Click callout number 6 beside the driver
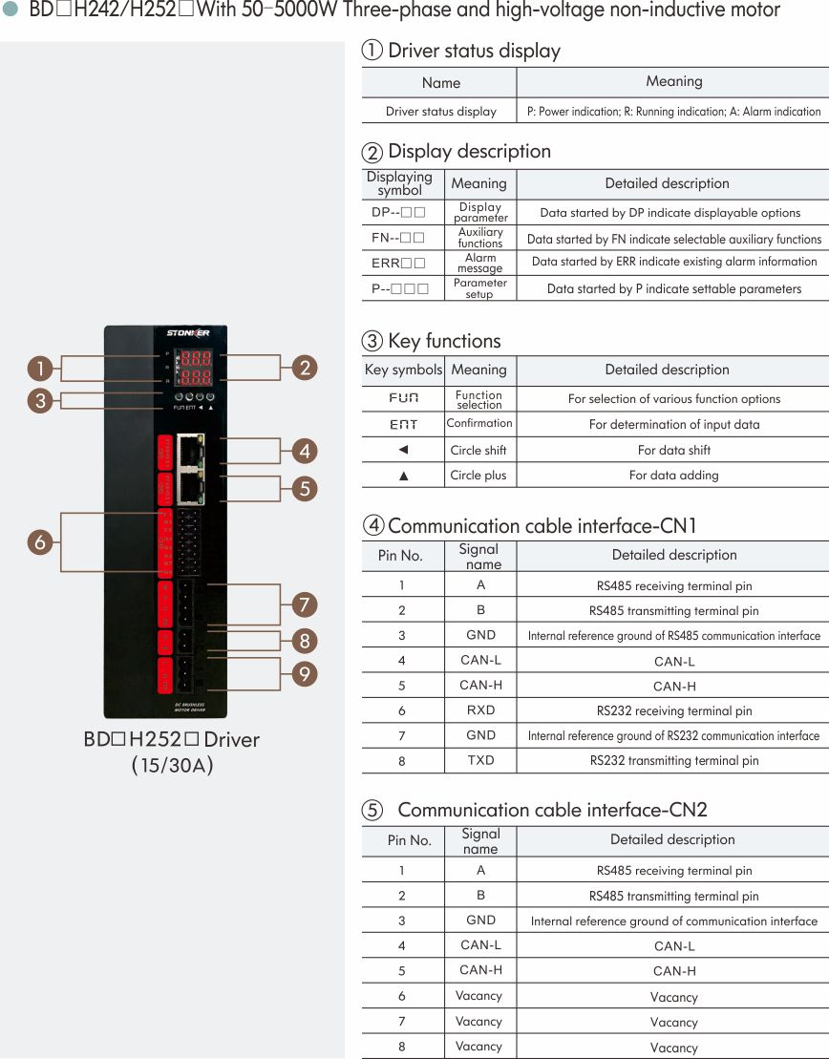click(40, 542)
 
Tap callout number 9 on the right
click(304, 674)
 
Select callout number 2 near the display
click(304, 368)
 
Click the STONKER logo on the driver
click(188, 333)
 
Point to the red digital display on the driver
click(197, 369)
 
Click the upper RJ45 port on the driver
click(188, 451)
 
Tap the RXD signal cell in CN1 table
click(480, 710)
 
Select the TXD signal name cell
click(480, 760)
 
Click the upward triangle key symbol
click(403, 476)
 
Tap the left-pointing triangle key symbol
click(403, 450)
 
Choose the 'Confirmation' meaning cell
click(479, 423)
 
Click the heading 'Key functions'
click(443, 341)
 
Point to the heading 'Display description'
click(469, 151)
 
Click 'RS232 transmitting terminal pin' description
click(674, 761)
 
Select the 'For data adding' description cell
click(674, 476)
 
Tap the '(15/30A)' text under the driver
click(172, 766)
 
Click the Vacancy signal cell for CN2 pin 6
click(479, 996)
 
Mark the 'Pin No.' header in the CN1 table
click(401, 556)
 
